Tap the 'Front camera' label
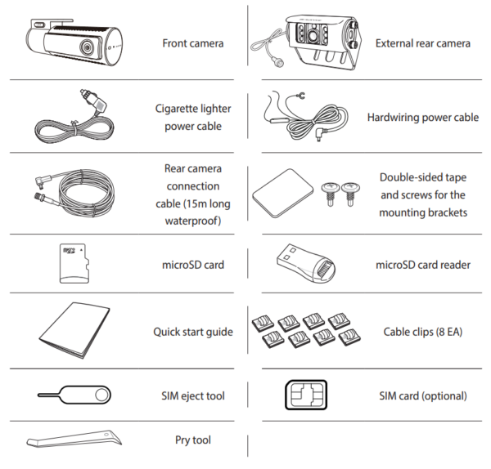[193, 43]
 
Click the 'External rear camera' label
[423, 43]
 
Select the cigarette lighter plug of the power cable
[93, 101]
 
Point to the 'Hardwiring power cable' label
[423, 118]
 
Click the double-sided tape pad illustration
[283, 193]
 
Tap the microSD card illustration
[74, 264]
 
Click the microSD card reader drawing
[306, 263]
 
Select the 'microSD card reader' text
[423, 265]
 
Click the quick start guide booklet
[74, 330]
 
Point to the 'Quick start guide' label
[193, 332]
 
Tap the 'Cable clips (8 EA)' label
[423, 332]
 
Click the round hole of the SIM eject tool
[101, 395]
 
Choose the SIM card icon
[306, 395]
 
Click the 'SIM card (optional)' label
[423, 395]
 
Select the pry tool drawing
[74, 439]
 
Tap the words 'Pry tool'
[193, 440]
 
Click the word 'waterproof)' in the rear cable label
[193, 221]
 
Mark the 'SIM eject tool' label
[193, 395]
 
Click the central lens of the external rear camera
[313, 35]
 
